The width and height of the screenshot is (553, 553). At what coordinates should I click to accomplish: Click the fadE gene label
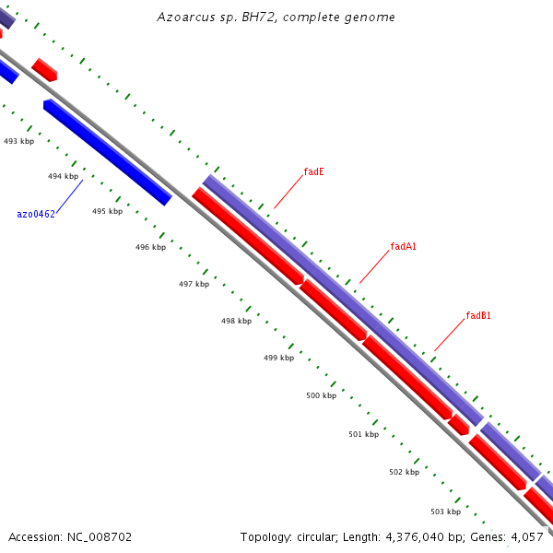[313, 171]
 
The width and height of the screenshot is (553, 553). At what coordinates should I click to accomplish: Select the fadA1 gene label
[404, 246]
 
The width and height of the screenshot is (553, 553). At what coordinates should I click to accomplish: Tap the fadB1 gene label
[477, 315]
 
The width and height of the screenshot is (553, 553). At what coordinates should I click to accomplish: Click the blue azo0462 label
[36, 214]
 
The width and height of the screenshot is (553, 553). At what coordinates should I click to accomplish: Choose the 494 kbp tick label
[63, 175]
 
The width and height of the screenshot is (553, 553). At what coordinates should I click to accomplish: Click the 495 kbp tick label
[107, 211]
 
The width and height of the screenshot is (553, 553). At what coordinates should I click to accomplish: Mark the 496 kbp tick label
[150, 247]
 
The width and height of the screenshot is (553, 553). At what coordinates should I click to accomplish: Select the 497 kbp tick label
[194, 284]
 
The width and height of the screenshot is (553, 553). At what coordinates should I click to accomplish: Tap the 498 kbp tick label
[236, 321]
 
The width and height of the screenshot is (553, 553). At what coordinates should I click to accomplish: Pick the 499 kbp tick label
[278, 358]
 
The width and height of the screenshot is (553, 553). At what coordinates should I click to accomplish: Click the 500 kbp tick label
[321, 395]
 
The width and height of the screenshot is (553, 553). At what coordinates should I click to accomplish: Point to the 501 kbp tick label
[363, 433]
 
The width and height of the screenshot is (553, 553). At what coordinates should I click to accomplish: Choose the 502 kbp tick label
[404, 472]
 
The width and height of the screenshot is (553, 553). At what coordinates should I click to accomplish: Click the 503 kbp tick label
[445, 511]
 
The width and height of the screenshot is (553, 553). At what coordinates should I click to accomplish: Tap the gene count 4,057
[527, 536]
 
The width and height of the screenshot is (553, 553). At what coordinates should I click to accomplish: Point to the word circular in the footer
[312, 536]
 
